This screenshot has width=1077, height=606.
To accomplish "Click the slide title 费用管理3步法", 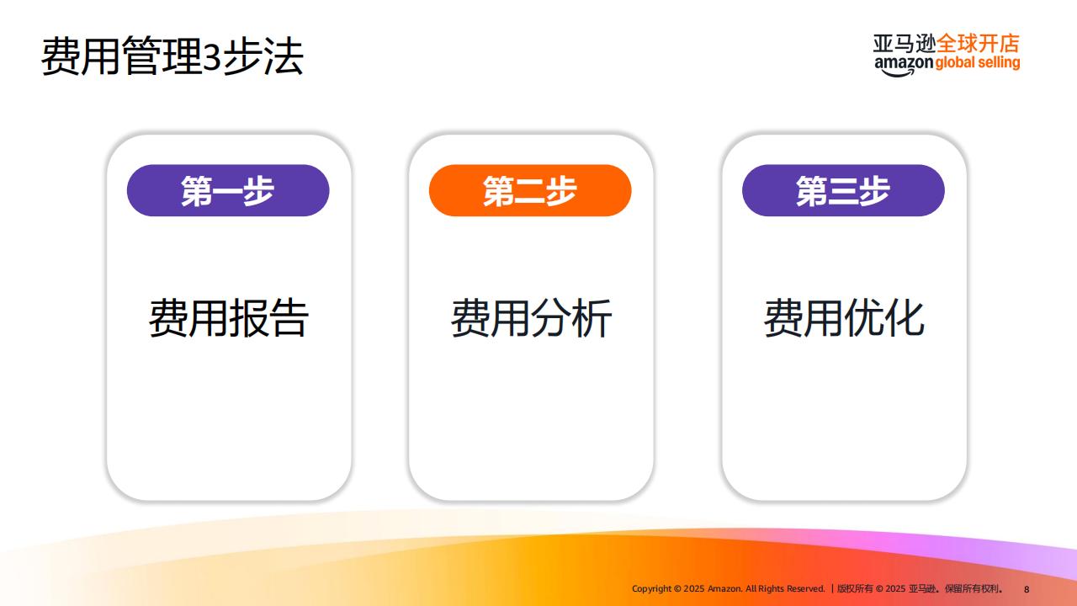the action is tap(172, 56).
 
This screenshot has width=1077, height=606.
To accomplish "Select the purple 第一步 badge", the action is tap(228, 190).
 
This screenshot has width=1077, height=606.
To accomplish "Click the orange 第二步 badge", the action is tap(530, 190).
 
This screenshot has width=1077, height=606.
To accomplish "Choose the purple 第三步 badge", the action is tap(843, 190).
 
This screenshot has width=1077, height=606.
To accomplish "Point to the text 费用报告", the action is tap(228, 317).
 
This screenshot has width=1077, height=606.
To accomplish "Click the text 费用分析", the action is tap(531, 317).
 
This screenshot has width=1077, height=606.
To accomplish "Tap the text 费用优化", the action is tap(844, 317).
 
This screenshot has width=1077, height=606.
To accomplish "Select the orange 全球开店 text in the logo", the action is tap(978, 44).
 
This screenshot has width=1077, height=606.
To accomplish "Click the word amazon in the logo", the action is tap(904, 65).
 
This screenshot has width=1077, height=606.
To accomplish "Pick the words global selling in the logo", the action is tap(978, 63).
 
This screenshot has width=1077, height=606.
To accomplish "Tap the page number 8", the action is tap(1027, 589).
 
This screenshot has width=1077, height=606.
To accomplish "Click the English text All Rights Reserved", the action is tap(785, 588).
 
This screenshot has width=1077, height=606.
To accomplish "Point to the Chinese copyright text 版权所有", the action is tap(855, 588).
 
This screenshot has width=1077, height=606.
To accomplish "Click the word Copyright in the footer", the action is tap(651, 589).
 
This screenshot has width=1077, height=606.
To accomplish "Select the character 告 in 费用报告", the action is tap(289, 317).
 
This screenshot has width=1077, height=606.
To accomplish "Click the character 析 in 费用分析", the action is tap(592, 317).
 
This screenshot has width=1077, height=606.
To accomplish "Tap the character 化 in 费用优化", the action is tap(905, 317).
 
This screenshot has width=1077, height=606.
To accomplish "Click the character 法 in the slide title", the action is tap(284, 56).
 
